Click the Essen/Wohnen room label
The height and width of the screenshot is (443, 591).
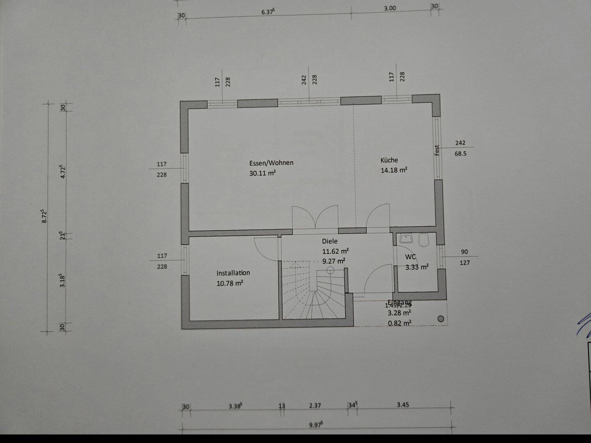(271, 163)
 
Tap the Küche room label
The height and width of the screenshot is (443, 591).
(389, 160)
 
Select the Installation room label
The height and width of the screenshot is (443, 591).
(233, 273)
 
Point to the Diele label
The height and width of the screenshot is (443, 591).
(330, 241)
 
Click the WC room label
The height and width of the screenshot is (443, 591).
(410, 257)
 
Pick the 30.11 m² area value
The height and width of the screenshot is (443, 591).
(262, 173)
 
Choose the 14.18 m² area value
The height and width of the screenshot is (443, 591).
(394, 170)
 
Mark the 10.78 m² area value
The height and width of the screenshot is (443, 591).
(230, 283)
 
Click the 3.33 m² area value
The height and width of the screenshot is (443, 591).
(417, 267)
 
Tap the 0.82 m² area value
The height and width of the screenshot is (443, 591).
(399, 323)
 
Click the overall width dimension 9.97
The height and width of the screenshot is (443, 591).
(316, 425)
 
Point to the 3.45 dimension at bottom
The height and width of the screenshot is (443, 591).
(403, 405)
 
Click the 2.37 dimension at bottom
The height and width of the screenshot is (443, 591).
(315, 405)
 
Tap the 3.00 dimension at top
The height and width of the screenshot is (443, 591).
(390, 8)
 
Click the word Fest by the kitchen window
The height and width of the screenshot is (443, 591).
(437, 150)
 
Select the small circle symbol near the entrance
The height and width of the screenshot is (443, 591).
(441, 319)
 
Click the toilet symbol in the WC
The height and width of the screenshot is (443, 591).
(424, 240)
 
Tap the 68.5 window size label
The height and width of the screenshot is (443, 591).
(460, 154)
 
